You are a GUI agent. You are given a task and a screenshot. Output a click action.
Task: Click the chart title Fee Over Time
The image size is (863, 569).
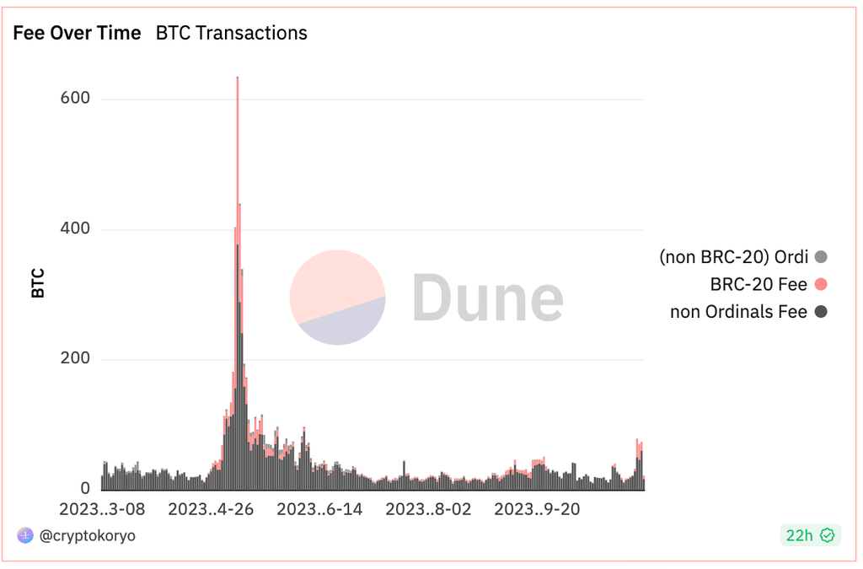(x=77, y=33)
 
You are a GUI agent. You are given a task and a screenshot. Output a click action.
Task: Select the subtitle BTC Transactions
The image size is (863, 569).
(x=232, y=33)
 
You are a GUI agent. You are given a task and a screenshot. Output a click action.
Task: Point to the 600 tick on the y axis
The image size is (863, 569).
(x=75, y=98)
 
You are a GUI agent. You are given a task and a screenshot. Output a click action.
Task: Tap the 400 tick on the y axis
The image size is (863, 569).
(x=75, y=228)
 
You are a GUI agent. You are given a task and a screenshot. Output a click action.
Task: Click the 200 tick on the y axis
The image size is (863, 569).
(x=75, y=358)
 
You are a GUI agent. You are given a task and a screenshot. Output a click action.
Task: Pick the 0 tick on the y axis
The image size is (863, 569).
(x=85, y=488)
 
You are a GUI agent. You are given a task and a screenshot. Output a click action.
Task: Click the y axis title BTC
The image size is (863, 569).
(x=38, y=283)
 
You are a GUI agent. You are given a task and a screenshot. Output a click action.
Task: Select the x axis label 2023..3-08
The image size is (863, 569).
(x=102, y=509)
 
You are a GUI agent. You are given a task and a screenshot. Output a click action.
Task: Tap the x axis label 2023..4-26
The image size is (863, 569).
(x=211, y=509)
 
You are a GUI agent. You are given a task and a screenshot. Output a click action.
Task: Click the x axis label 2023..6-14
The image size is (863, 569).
(x=319, y=509)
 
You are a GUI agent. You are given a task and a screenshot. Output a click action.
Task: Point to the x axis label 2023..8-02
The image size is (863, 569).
(x=428, y=509)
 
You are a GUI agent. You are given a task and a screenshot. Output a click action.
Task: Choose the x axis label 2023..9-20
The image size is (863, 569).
(x=537, y=509)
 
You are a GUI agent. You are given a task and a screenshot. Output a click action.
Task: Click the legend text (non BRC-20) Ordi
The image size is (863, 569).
(x=734, y=257)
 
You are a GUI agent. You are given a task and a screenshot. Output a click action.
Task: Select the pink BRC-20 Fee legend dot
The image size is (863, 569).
(x=821, y=285)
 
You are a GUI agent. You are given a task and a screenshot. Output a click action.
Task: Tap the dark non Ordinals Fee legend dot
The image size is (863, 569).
(x=821, y=312)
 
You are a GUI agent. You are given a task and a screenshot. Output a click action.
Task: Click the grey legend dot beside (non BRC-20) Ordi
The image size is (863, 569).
(x=821, y=257)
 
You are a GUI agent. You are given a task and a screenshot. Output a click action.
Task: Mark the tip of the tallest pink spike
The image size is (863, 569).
(x=237, y=78)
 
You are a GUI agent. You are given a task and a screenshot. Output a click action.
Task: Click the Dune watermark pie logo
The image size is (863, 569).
(x=337, y=298)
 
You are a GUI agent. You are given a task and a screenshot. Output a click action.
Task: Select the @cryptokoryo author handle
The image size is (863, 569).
(x=88, y=535)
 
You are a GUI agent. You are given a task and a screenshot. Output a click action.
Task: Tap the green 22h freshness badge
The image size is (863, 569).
(x=810, y=535)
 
